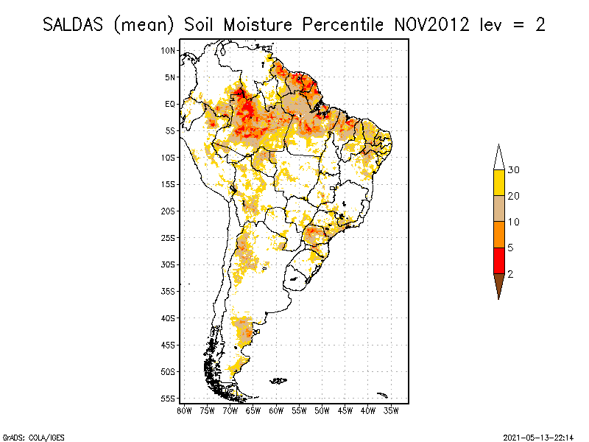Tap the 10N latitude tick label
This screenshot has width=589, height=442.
[169, 50]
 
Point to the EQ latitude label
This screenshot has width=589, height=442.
[170, 104]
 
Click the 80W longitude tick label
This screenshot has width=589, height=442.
[184, 410]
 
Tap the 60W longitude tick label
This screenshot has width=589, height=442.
[276, 410]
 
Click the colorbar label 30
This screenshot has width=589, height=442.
[514, 170]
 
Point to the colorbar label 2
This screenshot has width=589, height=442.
[510, 273]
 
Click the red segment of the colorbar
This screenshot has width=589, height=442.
[498, 260]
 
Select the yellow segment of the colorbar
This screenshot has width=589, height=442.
[498, 183]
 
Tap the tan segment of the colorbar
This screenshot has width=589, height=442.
[498, 208]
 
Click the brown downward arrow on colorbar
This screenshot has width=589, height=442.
[498, 284]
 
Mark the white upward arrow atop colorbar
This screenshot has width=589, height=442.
[498, 158]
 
